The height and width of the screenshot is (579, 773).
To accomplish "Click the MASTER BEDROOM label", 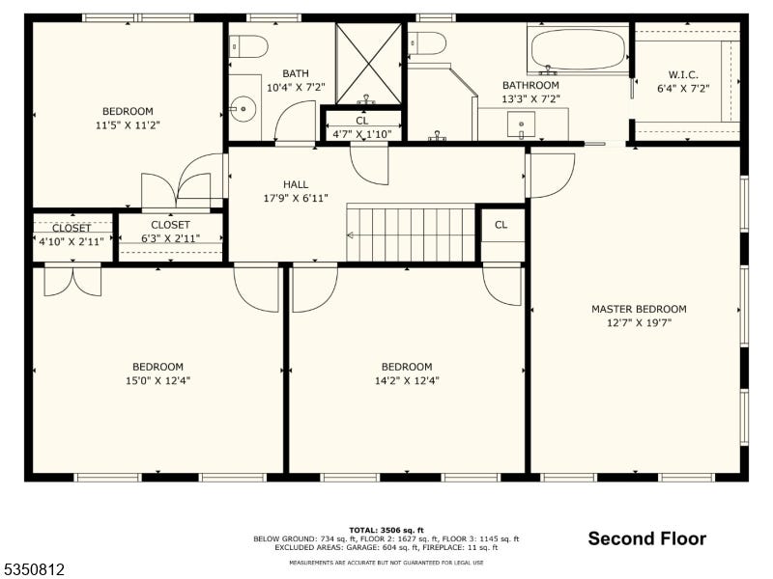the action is click(639, 309).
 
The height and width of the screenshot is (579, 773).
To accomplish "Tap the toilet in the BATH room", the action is click(248, 46).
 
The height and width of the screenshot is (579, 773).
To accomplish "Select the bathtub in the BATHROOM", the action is click(578, 49).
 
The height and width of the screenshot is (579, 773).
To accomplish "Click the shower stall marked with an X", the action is click(368, 64).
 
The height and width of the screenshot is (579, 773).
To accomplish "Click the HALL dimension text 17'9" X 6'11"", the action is click(296, 199).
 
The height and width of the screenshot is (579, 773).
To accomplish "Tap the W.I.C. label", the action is click(683, 75).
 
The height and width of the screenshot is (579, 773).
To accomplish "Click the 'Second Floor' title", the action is click(646, 538).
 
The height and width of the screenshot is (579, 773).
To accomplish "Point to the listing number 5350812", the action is click(33, 569).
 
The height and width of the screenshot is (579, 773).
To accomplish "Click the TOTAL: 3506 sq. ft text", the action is click(386, 530).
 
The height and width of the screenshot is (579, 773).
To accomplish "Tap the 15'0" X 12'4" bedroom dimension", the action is click(157, 380).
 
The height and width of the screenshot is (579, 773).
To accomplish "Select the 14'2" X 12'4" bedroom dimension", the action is click(407, 380).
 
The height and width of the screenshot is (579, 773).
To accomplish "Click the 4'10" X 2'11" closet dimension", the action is click(72, 242).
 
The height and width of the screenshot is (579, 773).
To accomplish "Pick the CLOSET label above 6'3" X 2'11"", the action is click(171, 225).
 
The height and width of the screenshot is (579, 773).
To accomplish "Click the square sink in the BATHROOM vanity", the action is click(521, 124).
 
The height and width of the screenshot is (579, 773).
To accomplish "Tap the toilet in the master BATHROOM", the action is click(427, 43).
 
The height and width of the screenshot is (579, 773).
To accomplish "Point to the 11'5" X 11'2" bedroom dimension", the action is click(128, 125).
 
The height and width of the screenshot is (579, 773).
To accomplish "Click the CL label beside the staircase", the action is click(501, 225).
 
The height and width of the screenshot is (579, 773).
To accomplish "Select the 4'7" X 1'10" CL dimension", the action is click(362, 134).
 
